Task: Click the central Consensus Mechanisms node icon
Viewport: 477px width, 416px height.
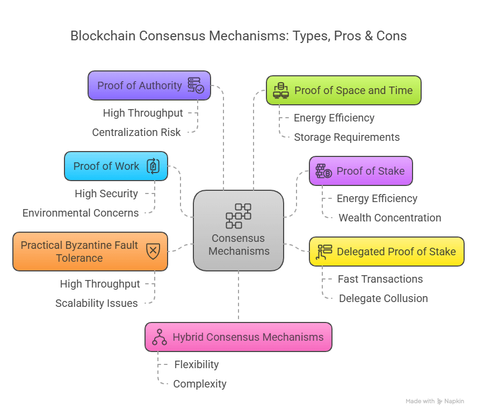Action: (x=238, y=216)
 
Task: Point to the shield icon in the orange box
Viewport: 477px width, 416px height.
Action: (x=153, y=251)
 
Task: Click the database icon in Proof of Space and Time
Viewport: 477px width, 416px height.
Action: (x=281, y=90)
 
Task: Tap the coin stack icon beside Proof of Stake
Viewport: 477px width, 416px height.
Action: (x=323, y=171)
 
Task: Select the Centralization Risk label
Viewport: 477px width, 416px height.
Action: (x=136, y=132)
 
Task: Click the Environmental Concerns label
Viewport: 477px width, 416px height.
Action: (x=81, y=213)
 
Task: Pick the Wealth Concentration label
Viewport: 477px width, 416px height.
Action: (x=389, y=218)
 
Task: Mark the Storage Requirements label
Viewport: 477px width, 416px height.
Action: (x=346, y=137)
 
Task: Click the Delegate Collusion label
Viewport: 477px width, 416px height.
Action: (x=383, y=298)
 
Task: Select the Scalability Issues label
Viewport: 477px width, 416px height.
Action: (x=97, y=303)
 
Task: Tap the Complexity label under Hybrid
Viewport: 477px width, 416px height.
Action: (x=199, y=384)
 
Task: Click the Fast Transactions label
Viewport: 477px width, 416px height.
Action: (x=380, y=279)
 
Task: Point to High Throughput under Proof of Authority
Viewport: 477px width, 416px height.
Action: (x=143, y=113)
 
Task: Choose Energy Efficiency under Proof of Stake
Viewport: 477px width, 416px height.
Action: (x=377, y=198)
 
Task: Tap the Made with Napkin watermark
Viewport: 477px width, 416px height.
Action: (x=435, y=401)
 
